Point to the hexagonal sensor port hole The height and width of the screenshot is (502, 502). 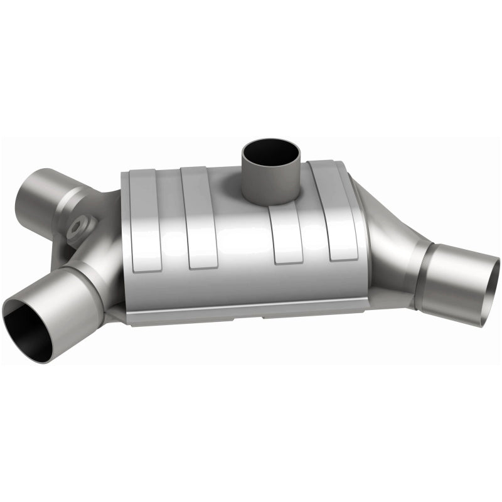point(80,225)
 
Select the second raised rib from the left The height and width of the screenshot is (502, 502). point(198,213)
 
